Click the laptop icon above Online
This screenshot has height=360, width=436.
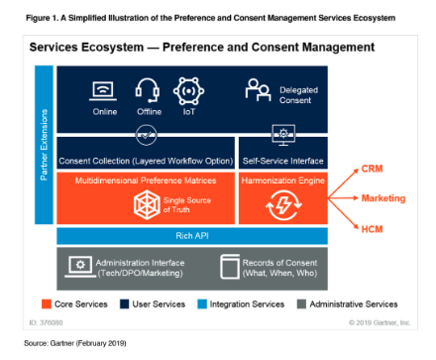click(x=102, y=90)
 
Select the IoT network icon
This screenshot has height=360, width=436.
click(x=188, y=90)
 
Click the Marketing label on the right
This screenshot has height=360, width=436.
click(x=382, y=198)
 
